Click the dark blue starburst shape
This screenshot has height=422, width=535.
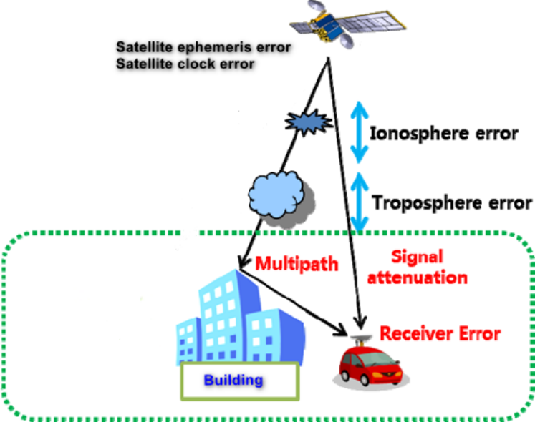click(307, 123)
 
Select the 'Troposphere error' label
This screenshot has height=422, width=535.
click(452, 202)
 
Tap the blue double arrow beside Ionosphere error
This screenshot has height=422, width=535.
click(358, 129)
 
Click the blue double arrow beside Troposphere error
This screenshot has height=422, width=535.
click(360, 201)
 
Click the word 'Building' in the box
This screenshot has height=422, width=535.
click(233, 380)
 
